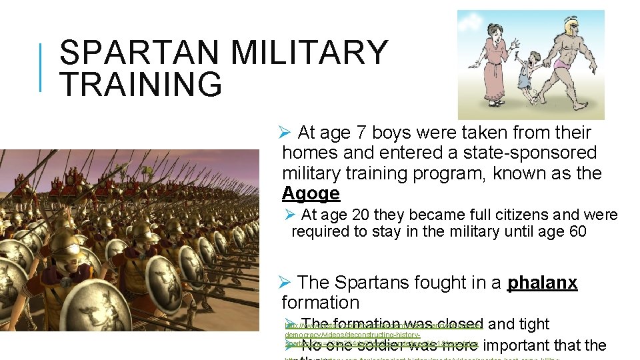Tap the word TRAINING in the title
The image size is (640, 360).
[141, 85]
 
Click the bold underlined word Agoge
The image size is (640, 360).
[311, 194]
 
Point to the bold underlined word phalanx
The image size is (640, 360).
[542, 283]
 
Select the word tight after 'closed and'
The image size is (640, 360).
[533, 324]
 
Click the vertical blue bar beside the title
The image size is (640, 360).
[42, 67]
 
